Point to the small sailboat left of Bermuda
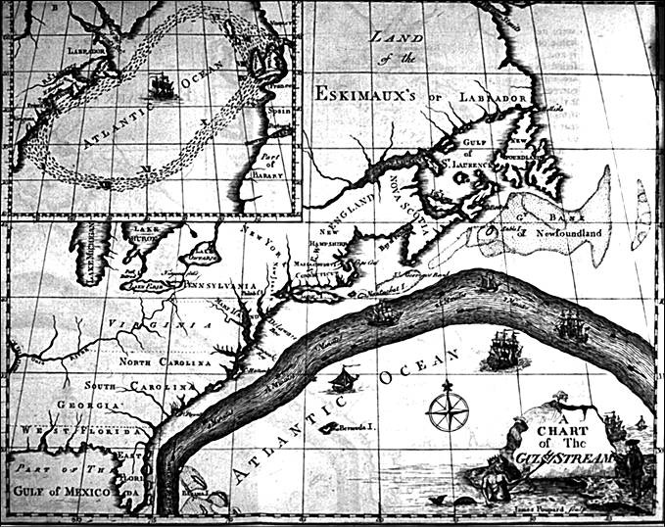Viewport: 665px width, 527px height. pos(345,380)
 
